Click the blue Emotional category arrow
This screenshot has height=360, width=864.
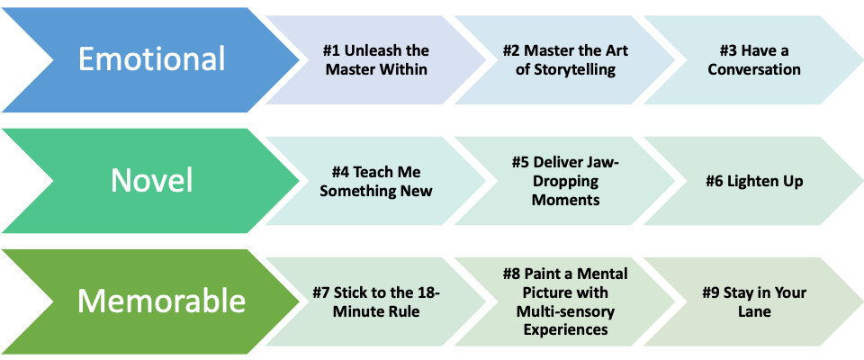(151, 59)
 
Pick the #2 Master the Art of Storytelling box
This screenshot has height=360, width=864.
(565, 59)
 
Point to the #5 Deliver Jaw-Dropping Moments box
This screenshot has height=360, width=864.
(565, 181)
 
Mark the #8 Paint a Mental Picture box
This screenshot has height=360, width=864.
(565, 301)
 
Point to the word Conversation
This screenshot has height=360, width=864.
(754, 69)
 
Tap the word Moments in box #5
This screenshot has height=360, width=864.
(565, 200)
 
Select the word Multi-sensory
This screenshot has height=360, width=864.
(565, 311)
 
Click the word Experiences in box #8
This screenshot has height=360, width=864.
(565, 330)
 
